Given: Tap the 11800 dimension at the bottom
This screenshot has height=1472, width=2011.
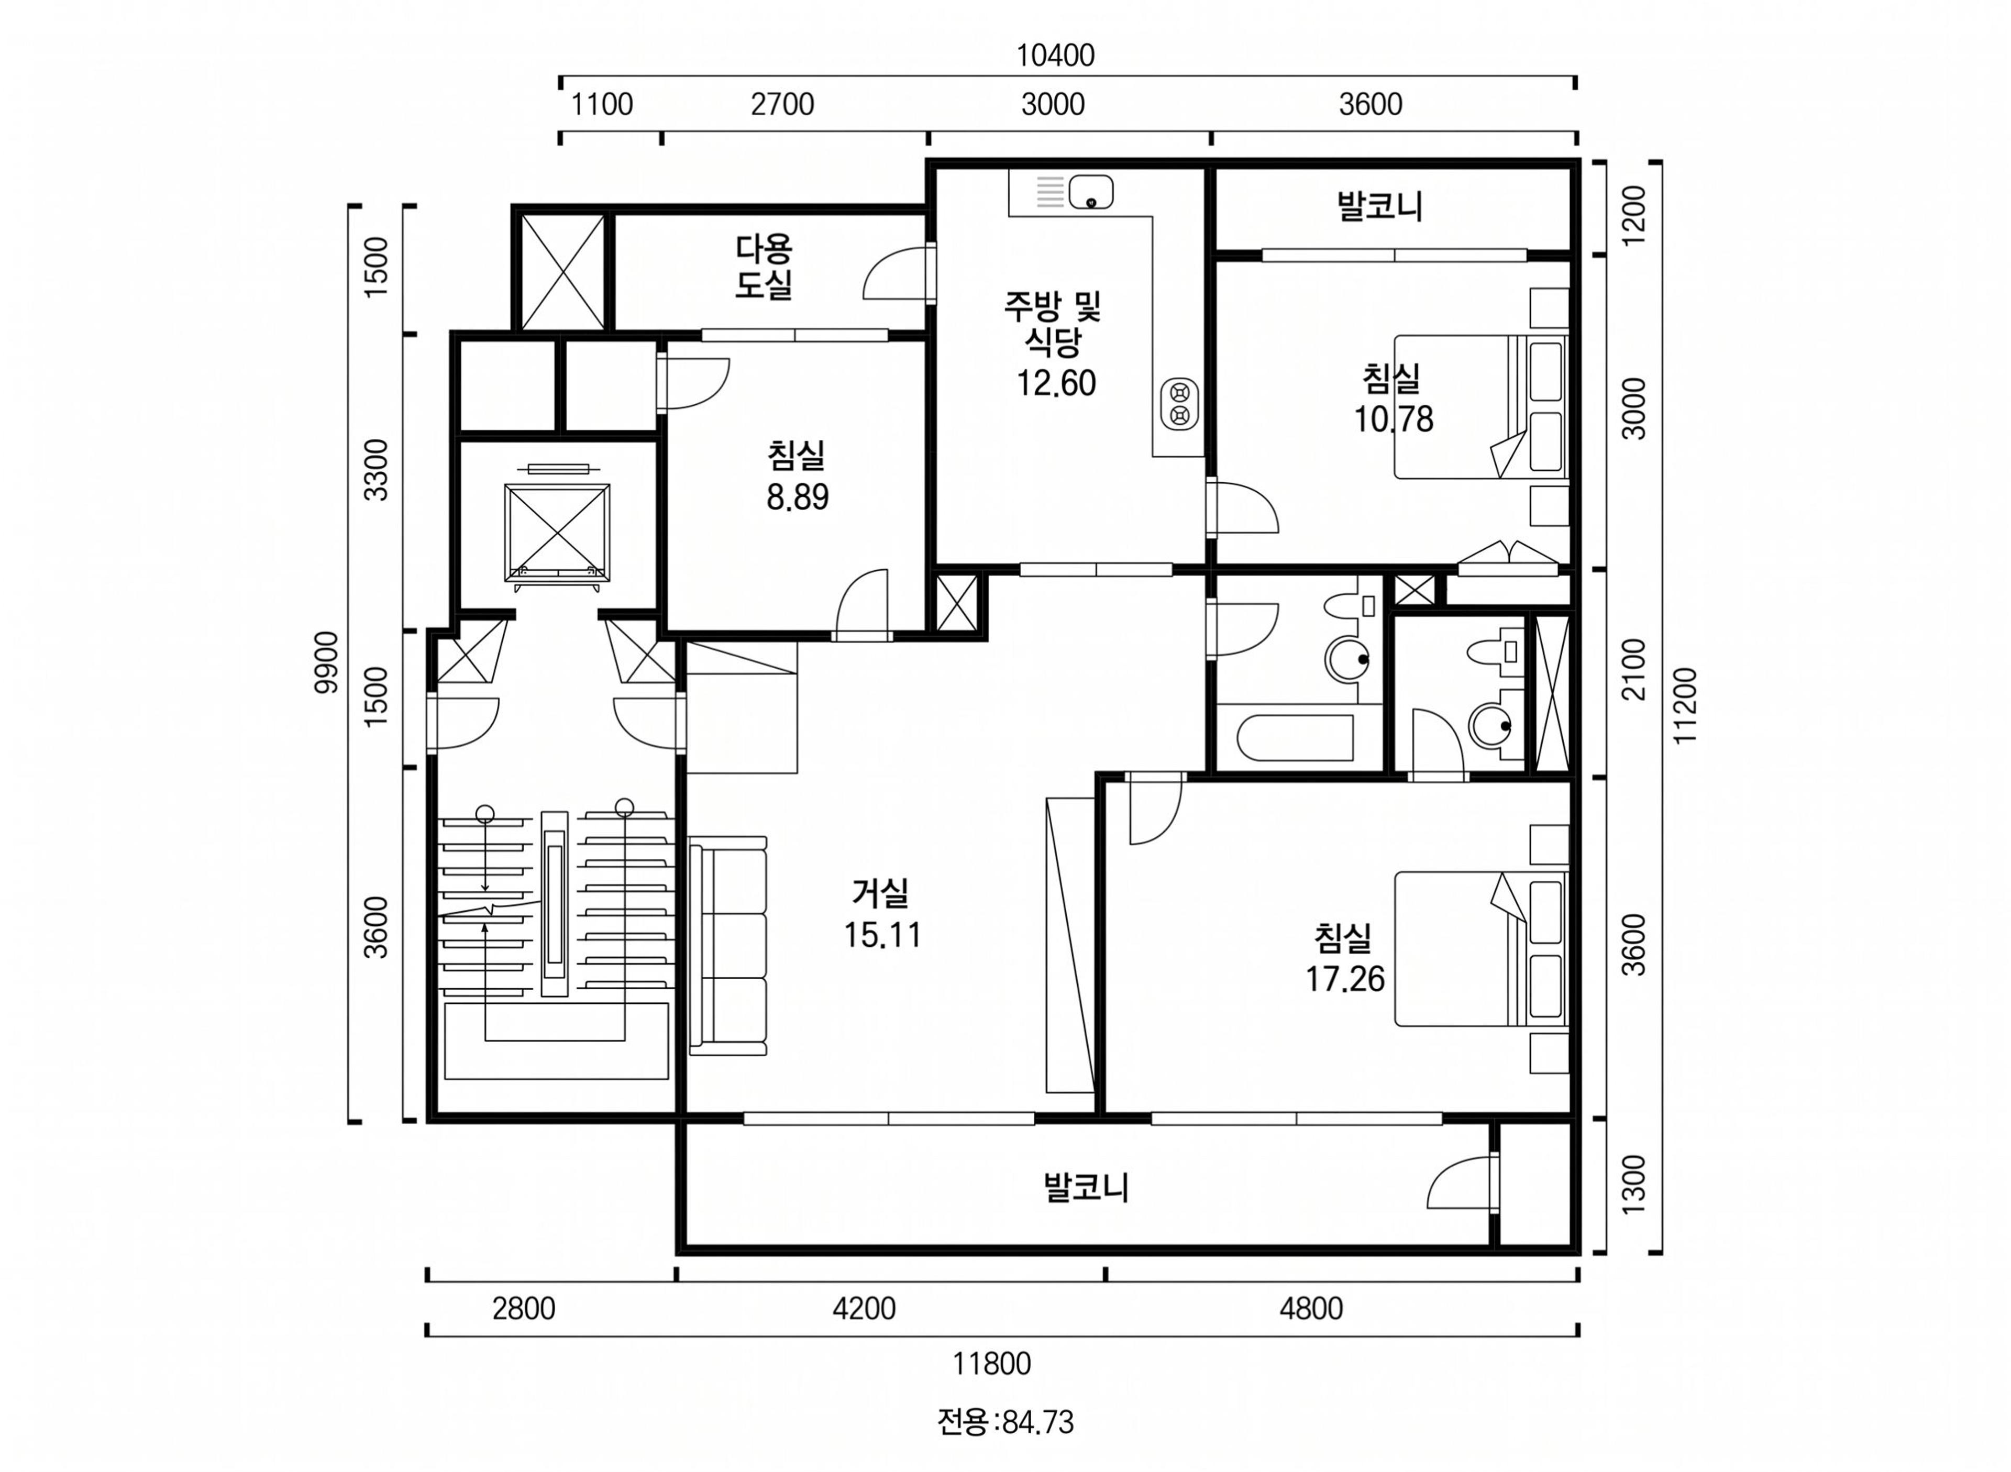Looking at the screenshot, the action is coord(992,1363).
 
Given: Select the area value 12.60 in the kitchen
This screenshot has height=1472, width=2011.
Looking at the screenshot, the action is coord(1056,383).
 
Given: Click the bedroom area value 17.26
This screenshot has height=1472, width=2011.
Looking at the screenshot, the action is coord(1344,978).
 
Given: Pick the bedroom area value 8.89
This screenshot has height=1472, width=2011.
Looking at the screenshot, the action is coord(798,497).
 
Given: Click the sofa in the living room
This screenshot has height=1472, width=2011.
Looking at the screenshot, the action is coord(727,946).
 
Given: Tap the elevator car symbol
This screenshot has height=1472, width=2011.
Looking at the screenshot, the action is coord(557,532).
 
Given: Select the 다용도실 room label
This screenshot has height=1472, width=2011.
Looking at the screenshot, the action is coord(764,267).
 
